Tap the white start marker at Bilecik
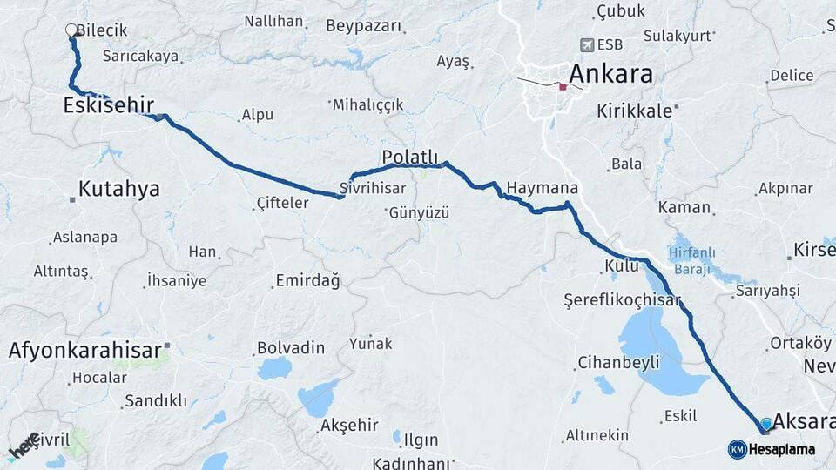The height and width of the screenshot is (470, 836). coord(71,30)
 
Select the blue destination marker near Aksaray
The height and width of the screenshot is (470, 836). coord(765,424)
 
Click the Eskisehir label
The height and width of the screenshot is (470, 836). coord(108,105)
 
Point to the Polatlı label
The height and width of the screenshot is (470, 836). coord(409,157)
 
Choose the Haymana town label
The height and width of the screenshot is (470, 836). coord(543,187)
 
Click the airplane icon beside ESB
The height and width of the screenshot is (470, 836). coord(587,44)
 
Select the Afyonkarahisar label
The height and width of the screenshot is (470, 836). coord(84,351)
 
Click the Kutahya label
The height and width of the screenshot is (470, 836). coord(118,189)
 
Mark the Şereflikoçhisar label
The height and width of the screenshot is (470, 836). coord(621,299)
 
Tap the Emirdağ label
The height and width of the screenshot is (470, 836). coord(307,280)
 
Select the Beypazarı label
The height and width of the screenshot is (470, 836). coord(364,26)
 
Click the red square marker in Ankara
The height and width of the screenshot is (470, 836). coord(563,86)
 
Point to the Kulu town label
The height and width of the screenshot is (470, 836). coord(622,266)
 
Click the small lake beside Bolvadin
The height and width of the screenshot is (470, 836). coord(274,368)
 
